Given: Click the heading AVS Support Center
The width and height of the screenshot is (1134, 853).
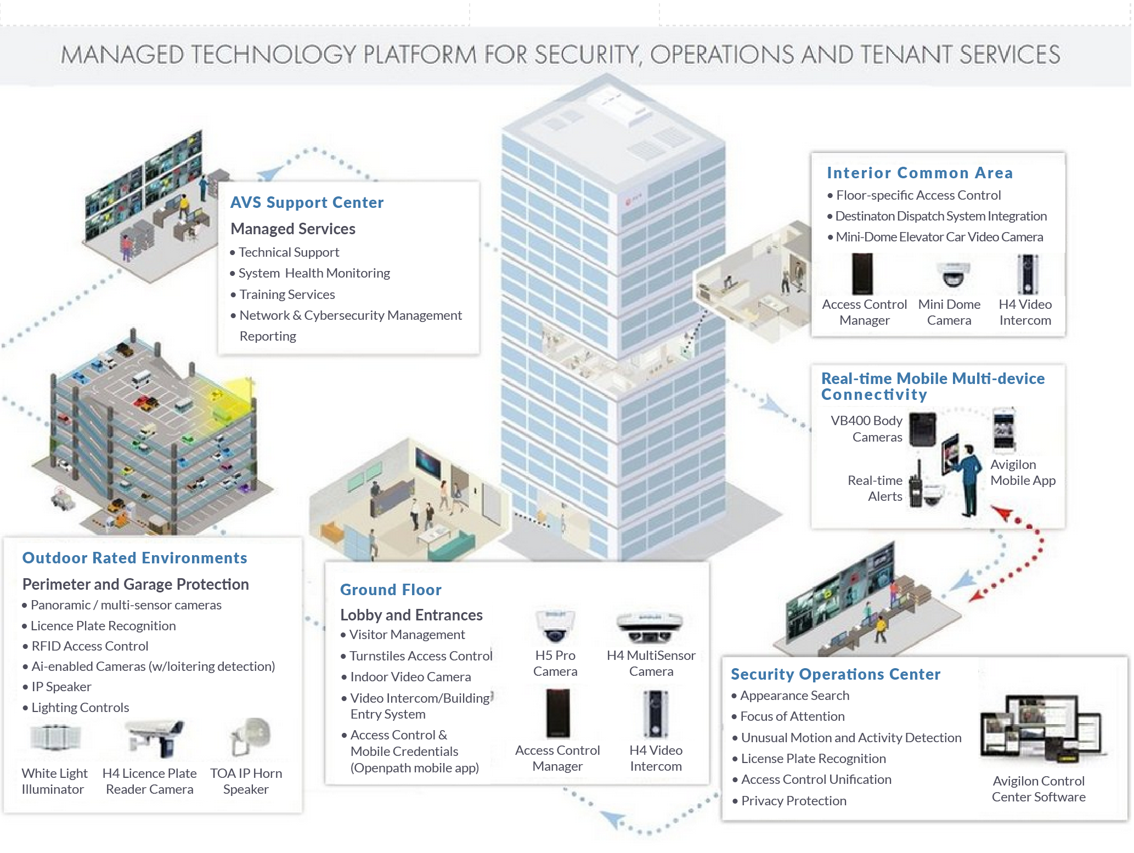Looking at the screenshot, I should point(307,202).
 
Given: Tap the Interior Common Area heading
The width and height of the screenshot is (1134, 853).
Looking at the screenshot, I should point(919,173).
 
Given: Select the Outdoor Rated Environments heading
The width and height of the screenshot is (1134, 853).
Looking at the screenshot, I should point(134,558).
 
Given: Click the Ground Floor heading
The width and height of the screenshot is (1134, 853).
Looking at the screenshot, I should point(391,590).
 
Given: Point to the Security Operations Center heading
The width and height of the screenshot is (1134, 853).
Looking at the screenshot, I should point(836,674).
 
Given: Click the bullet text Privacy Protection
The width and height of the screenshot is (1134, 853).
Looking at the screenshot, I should point(793,801).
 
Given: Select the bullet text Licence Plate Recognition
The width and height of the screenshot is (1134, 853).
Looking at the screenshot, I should point(103,626).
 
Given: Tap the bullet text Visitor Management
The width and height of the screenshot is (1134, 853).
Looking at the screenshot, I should point(407,635).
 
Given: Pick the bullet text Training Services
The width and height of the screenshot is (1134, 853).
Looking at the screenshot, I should point(287,295).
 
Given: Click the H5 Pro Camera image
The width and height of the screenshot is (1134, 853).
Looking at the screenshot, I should point(555,626).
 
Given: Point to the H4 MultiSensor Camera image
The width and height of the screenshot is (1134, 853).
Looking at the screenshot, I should point(650,628).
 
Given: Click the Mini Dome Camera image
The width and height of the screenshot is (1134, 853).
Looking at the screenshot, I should point(952,274).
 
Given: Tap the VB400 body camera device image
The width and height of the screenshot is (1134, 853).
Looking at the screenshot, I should point(923,429).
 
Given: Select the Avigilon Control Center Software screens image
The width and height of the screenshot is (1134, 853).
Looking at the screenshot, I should point(1039,730).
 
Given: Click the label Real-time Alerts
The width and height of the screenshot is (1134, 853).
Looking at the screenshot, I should point(875,488).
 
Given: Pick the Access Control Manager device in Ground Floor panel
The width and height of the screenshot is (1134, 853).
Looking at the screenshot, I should point(557,713).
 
